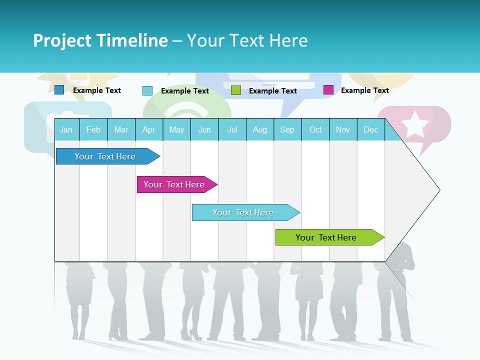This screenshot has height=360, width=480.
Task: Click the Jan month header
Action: tap(66, 129)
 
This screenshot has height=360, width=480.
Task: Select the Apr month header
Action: tap(148, 129)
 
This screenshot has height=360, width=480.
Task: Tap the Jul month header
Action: tap(232, 129)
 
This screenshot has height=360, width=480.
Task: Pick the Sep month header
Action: tap(287, 129)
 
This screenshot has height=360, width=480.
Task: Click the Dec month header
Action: tap(370, 129)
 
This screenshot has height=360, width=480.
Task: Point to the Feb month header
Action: tap(93, 129)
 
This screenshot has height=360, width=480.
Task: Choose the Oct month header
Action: tap(315, 129)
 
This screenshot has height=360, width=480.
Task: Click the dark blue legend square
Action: tap(59, 90)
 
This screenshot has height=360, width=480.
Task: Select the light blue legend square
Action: tap(147, 90)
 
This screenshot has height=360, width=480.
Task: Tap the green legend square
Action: tap(236, 90)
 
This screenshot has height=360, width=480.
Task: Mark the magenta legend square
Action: tap(328, 90)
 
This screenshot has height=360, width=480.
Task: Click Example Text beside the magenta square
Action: tap(364, 90)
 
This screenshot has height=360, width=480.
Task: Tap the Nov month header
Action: tap(343, 129)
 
